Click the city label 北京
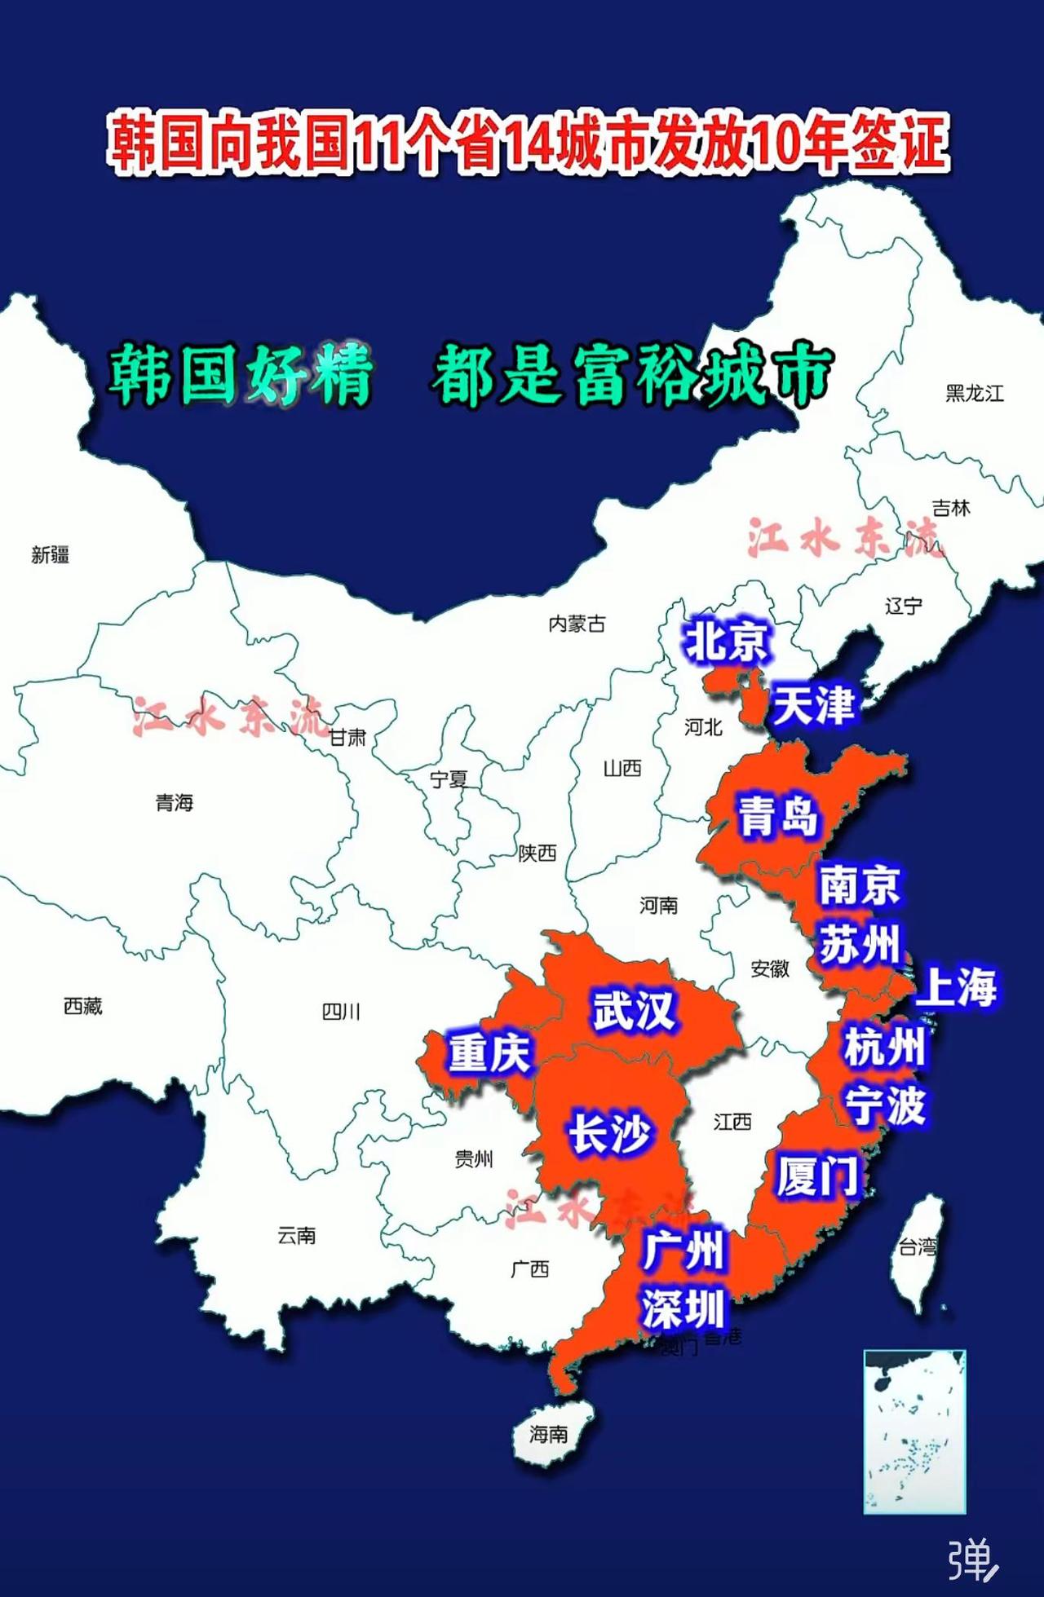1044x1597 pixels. click(x=726, y=641)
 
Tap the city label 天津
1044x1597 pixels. click(x=813, y=705)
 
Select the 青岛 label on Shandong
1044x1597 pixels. click(x=777, y=816)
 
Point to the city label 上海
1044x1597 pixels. click(x=956, y=987)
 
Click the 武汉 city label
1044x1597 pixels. click(x=634, y=1012)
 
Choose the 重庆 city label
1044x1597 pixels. click(x=489, y=1052)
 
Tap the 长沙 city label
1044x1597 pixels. click(x=609, y=1134)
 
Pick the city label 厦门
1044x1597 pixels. click(x=817, y=1176)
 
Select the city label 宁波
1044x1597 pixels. click(x=885, y=1106)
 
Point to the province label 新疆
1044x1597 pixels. click(x=51, y=555)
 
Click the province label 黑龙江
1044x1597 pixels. click(x=974, y=394)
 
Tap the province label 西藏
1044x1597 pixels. click(x=83, y=1007)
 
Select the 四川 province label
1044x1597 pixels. click(x=341, y=1012)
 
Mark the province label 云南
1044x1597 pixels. click(x=296, y=1236)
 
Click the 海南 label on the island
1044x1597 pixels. click(x=548, y=1433)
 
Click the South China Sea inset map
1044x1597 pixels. click(x=914, y=1432)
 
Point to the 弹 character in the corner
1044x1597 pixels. click(x=971, y=1560)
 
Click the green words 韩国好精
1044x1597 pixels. click(x=241, y=375)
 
